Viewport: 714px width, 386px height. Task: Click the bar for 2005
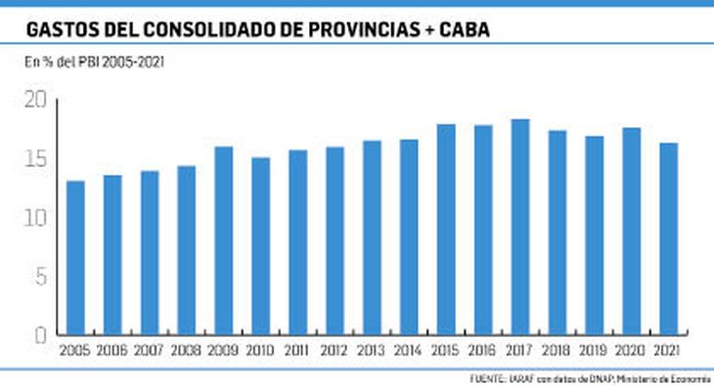click(x=75, y=257)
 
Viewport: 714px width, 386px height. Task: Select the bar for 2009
click(x=223, y=240)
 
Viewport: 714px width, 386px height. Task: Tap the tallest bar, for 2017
click(x=519, y=227)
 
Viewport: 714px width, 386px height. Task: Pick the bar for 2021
click(x=668, y=238)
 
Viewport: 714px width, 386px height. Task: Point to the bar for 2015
click(x=446, y=230)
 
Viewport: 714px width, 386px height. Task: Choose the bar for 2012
click(x=335, y=240)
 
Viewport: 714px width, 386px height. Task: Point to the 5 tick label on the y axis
click(x=40, y=277)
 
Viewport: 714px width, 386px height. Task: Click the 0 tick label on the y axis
click(x=40, y=335)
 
